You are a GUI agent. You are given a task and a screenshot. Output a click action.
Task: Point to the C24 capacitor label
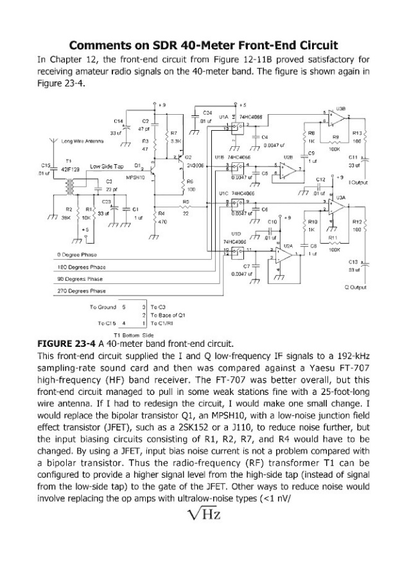[x=208, y=112]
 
